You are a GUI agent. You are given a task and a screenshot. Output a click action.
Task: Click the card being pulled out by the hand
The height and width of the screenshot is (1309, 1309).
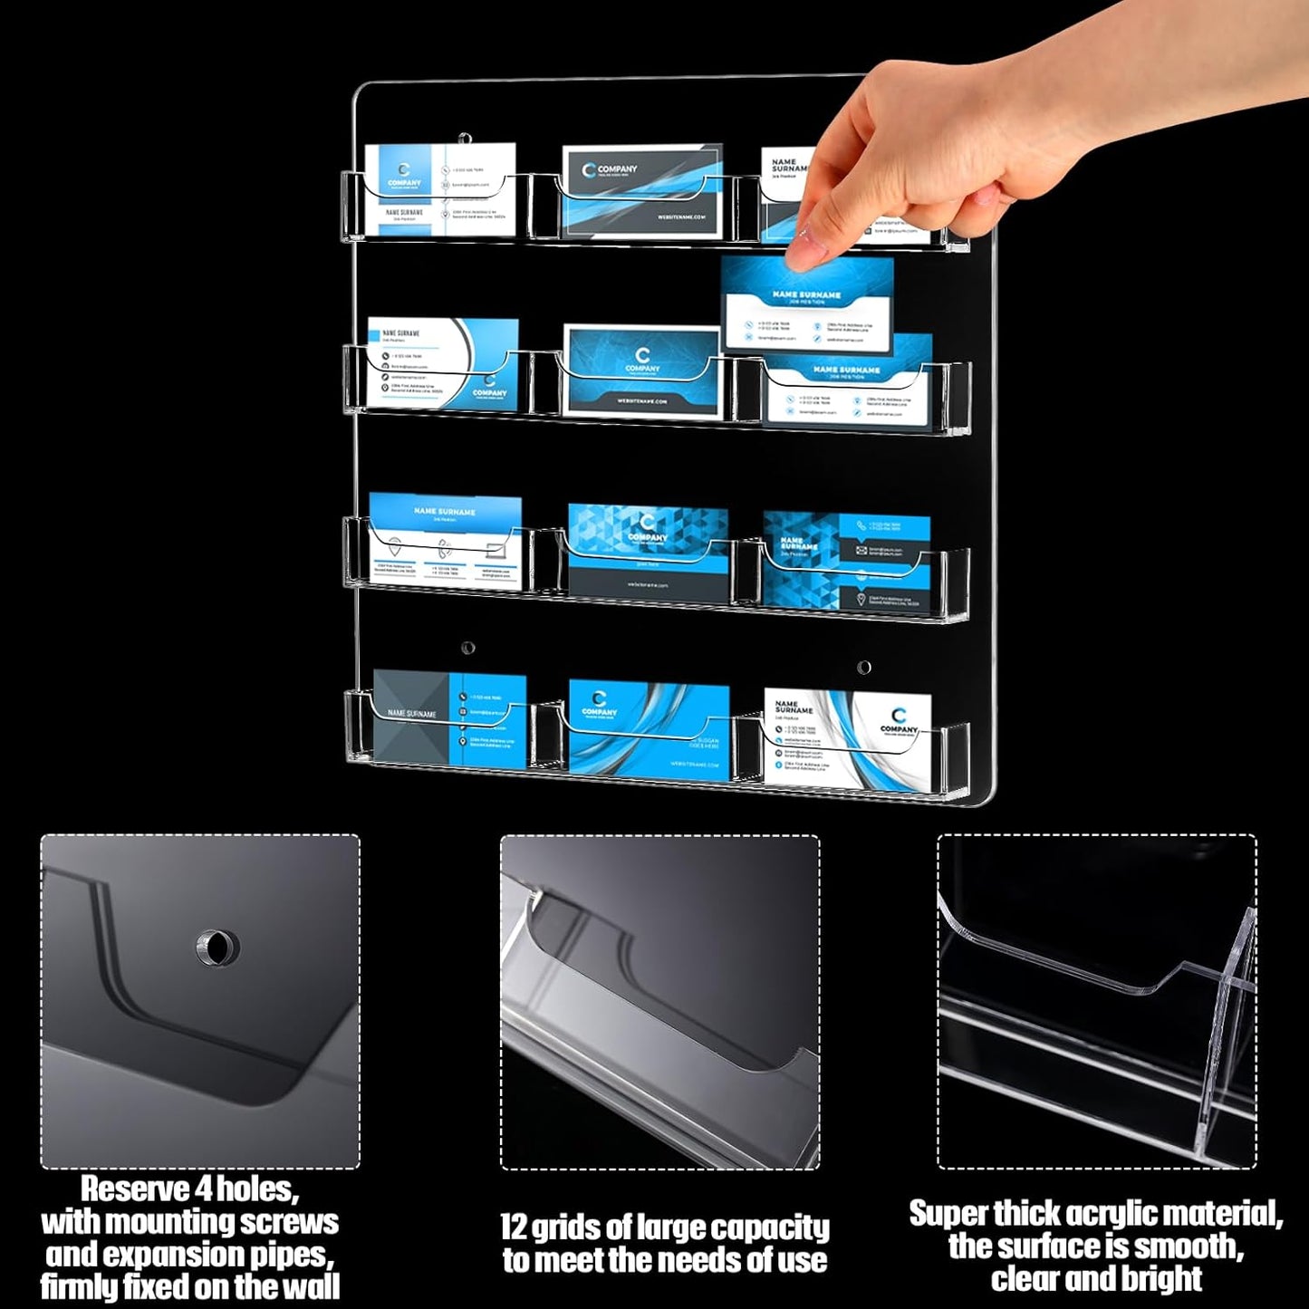click(806, 303)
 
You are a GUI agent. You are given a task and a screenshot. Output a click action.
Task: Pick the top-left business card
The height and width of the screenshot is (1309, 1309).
click(440, 188)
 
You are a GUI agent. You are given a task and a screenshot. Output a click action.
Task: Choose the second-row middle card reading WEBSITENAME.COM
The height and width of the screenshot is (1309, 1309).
click(642, 371)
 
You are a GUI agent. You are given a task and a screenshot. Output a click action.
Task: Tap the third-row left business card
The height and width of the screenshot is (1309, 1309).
click(445, 541)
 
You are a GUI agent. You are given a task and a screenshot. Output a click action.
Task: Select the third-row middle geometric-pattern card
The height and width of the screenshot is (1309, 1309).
click(648, 551)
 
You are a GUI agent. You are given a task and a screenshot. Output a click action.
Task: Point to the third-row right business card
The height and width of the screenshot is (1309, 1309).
click(846, 562)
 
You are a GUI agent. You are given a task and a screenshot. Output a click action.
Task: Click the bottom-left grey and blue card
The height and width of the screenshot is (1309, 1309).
click(449, 720)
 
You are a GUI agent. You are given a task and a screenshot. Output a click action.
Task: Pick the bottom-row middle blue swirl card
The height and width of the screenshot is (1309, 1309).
click(649, 730)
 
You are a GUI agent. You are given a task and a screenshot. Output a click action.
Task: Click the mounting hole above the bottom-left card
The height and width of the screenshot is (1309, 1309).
click(467, 648)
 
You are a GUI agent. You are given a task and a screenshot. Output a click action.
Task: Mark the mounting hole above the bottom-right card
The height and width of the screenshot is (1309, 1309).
click(864, 668)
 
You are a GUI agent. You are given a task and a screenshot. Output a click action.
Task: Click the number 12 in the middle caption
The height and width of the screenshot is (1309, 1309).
click(514, 1227)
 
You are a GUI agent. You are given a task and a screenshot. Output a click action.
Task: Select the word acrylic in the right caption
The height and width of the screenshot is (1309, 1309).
click(1117, 1213)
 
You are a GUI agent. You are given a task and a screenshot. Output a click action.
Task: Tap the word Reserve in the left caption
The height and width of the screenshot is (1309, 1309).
click(135, 1188)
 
